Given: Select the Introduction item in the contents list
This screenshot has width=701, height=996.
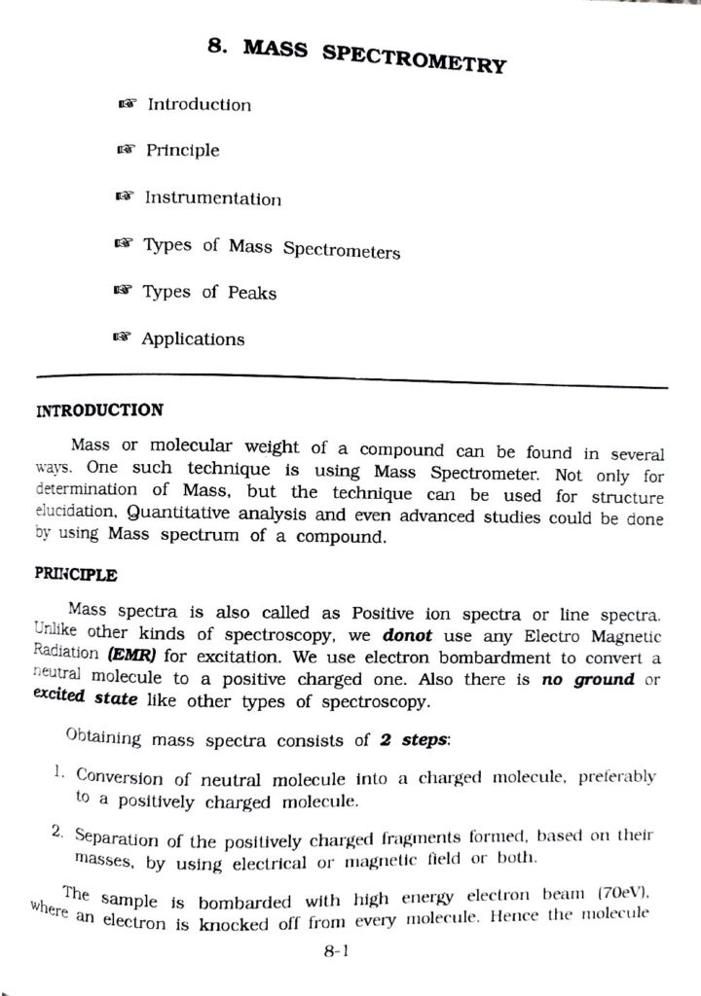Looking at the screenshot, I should tap(199, 104).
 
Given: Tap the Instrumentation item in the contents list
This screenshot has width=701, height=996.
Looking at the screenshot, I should tap(213, 198).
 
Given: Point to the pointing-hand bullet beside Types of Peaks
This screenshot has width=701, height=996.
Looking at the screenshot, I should tap(122, 291).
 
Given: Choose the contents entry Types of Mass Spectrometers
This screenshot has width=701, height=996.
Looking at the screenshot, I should tap(272, 248).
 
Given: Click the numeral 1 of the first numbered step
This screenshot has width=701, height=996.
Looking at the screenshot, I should tap(58, 772).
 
